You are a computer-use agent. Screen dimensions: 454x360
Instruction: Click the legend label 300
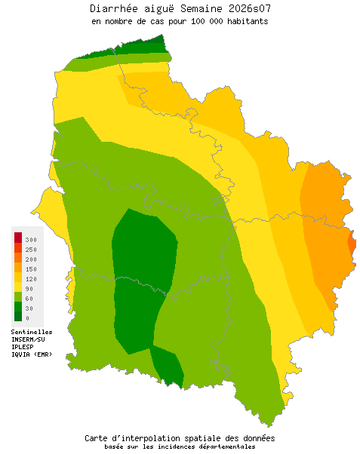pos(31,240)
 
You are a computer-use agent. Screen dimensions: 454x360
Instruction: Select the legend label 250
pos(31,250)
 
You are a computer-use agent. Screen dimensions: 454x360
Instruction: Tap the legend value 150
pos(31,269)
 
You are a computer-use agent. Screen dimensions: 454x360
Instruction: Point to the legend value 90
pos(29,289)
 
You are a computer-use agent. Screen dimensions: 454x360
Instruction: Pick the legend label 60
pos(29,299)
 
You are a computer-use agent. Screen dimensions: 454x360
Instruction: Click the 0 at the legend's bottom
pos(28,318)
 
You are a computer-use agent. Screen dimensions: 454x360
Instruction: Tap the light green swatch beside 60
pos(18,297)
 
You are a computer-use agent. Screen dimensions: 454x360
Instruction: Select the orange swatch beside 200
pos(18,258)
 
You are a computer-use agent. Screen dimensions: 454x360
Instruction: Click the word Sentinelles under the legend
pos(32,332)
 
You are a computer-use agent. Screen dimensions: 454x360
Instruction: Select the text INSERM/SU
pos(28,339)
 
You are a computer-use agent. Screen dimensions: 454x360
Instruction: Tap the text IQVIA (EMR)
pos(32,354)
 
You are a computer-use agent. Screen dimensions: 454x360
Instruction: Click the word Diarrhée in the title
pos(113,8)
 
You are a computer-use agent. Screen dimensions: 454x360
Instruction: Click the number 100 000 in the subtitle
pos(203,21)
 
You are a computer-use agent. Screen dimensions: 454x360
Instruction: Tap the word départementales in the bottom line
pos(226,446)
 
